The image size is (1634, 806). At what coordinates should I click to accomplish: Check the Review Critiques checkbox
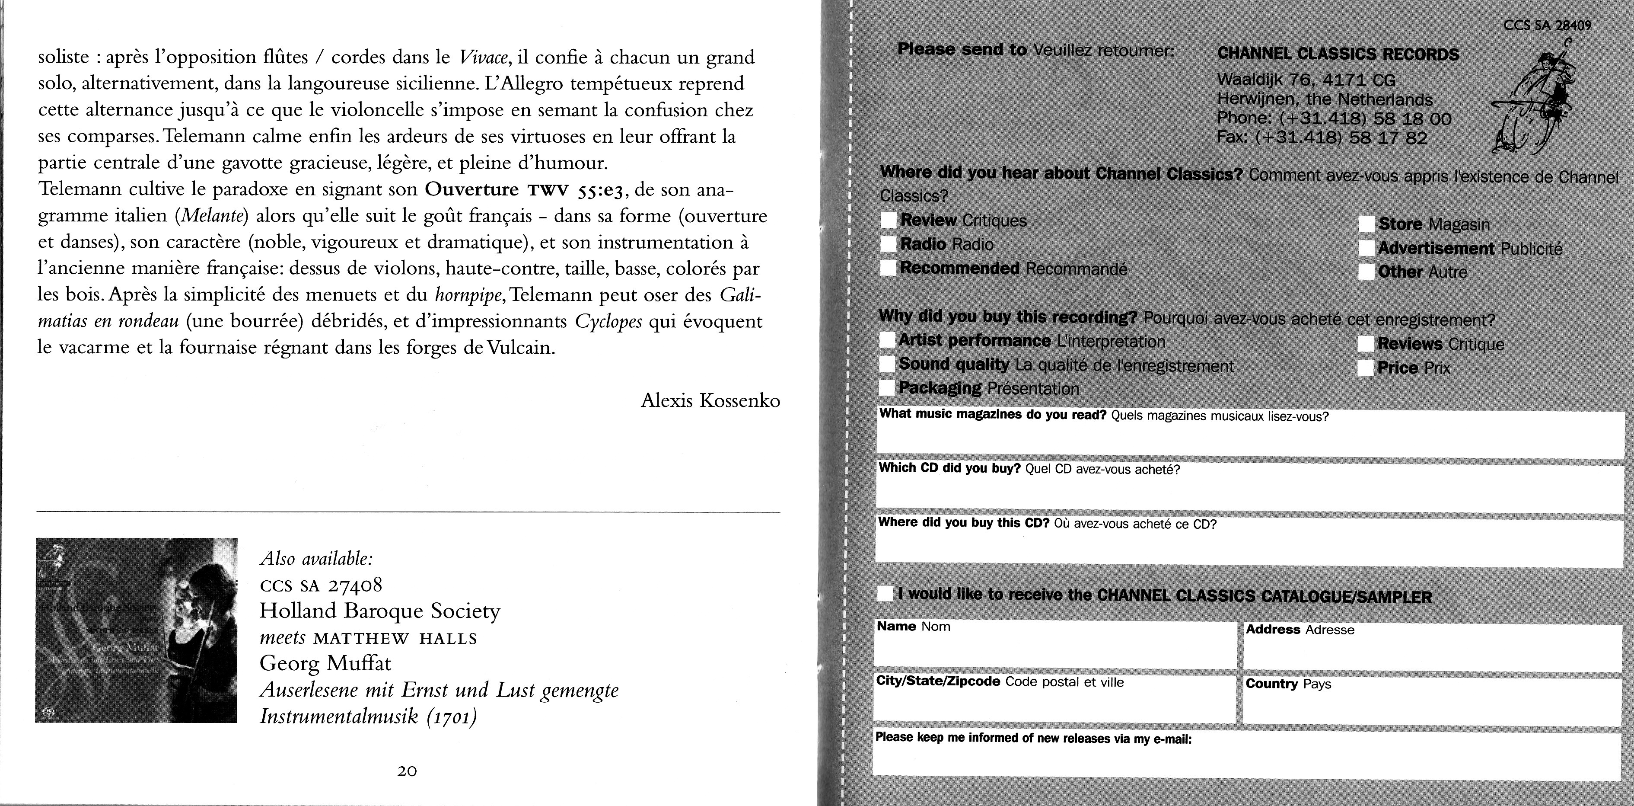click(x=889, y=220)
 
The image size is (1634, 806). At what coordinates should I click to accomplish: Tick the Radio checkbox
click(x=889, y=244)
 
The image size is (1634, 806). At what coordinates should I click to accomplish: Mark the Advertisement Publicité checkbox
click(x=1367, y=248)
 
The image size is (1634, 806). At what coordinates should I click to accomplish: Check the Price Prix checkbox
click(x=1366, y=368)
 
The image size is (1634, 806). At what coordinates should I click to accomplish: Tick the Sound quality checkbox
click(x=887, y=364)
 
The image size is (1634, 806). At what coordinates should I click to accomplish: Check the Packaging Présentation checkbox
click(x=887, y=388)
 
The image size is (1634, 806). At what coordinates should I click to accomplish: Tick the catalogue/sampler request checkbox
click(x=885, y=595)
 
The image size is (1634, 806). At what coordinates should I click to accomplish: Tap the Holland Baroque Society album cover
click(x=137, y=630)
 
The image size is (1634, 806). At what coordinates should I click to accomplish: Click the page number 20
click(x=407, y=771)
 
